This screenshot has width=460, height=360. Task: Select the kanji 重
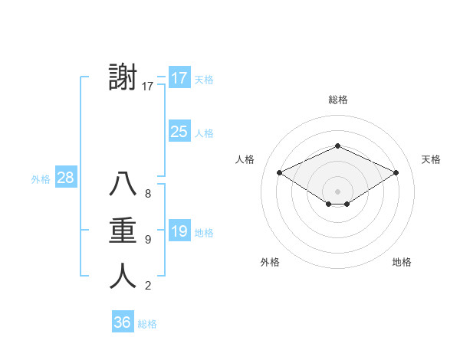click(123, 231)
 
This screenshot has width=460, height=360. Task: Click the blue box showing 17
click(179, 78)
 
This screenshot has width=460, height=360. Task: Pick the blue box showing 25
click(179, 132)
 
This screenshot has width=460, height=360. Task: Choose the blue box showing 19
click(179, 231)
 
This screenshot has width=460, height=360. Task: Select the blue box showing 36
click(122, 322)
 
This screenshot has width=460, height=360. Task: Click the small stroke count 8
click(148, 194)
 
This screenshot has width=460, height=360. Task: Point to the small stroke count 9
click(148, 240)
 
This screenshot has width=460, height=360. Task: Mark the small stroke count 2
click(148, 286)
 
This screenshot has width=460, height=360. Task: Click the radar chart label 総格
click(337, 100)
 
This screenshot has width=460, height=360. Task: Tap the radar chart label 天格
click(431, 159)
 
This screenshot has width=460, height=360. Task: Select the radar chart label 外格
click(270, 262)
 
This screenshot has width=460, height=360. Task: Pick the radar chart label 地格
click(402, 262)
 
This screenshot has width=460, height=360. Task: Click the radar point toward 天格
click(396, 172)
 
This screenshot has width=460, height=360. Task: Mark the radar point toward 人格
click(279, 172)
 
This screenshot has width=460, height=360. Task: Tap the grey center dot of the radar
click(337, 191)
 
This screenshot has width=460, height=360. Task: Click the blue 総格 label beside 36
click(147, 324)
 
